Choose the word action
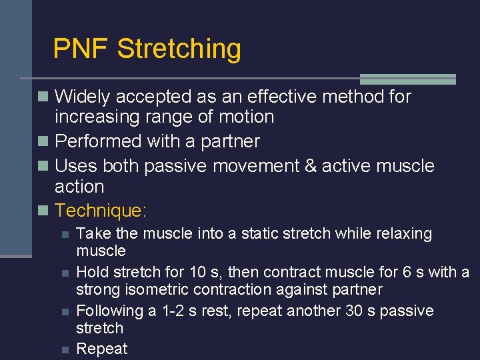[79, 187]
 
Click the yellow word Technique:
[101, 211]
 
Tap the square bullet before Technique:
[44, 211]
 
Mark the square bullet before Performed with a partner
[44, 141]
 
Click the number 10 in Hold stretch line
[195, 273]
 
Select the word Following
[107, 311]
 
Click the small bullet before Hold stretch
[64, 273]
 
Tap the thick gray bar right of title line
[407, 79]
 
